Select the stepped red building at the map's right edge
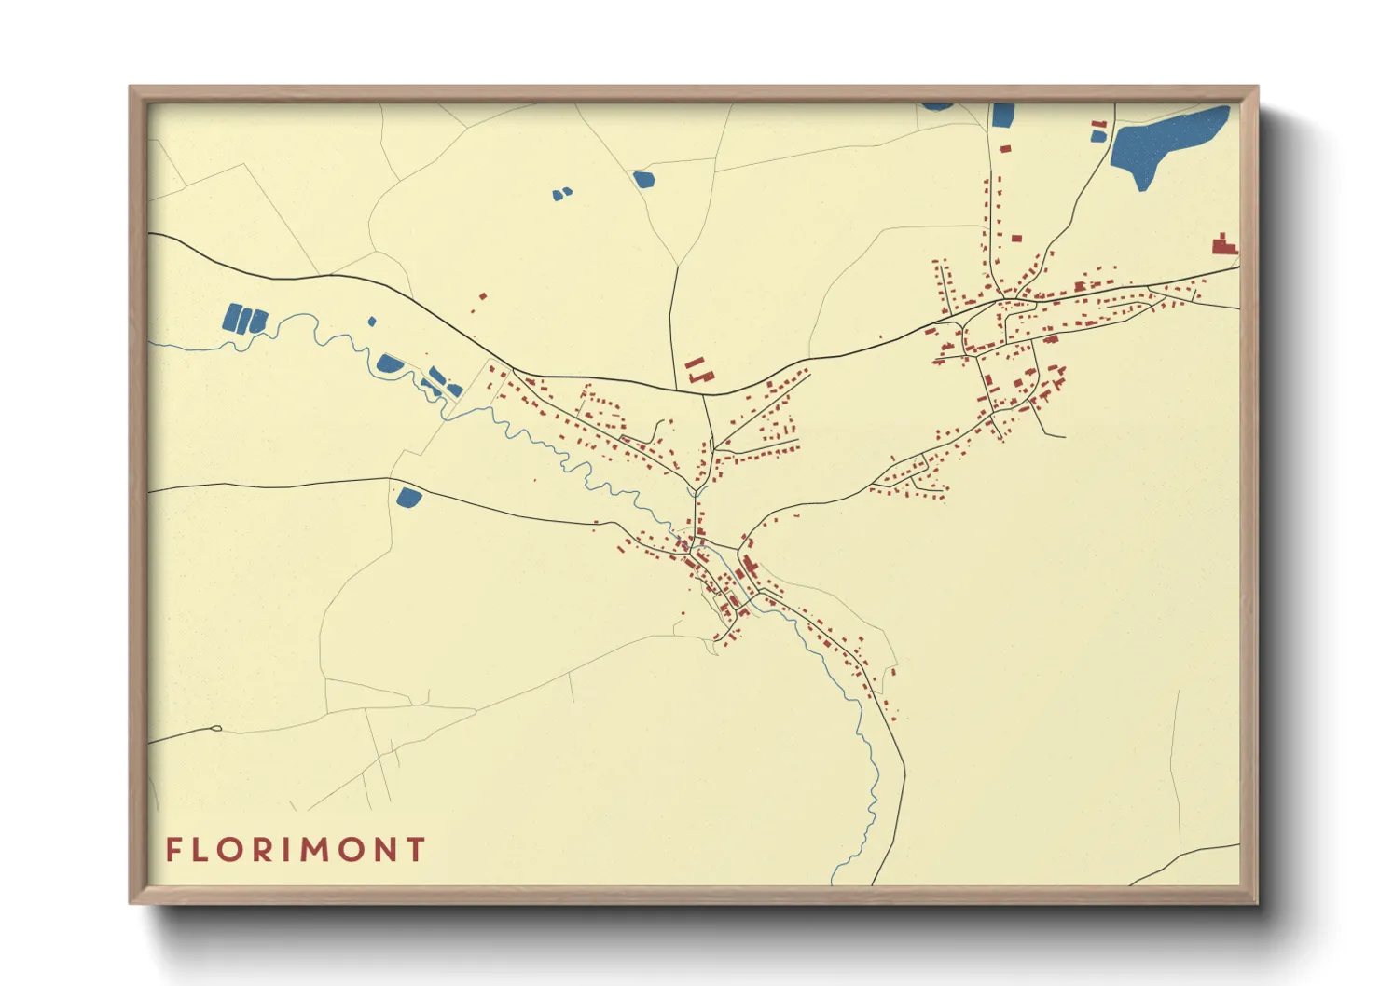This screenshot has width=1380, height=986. (x=1224, y=245)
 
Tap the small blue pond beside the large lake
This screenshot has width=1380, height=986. (x=1098, y=136)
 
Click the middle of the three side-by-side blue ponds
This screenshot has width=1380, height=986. (x=245, y=320)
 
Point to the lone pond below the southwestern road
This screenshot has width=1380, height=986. (x=408, y=497)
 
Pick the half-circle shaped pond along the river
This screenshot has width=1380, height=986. (x=389, y=363)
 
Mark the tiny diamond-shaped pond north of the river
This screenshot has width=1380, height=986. (x=372, y=322)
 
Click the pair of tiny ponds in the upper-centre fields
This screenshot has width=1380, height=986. (x=561, y=194)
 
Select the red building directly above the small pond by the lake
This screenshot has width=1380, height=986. (x=1098, y=123)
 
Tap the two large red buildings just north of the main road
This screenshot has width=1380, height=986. (x=697, y=371)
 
